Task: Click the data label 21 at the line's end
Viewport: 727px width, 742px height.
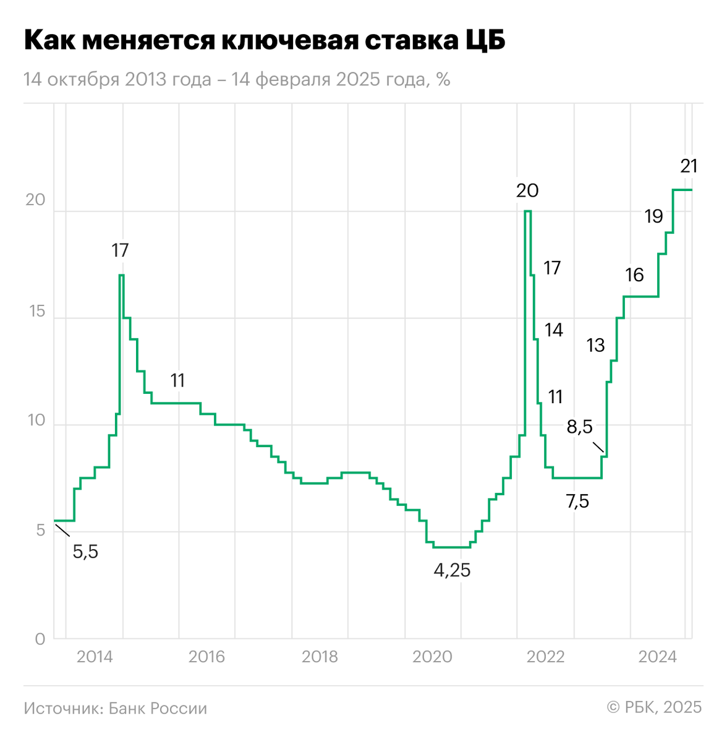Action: coord(689,166)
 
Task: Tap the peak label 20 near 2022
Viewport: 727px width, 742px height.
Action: coord(527,190)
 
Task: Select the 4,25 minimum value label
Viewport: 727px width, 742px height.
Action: coord(452,570)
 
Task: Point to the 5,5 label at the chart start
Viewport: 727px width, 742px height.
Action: coord(85,552)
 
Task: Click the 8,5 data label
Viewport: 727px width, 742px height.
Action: coord(580,427)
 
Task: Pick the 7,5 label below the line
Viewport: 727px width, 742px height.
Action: coord(577,501)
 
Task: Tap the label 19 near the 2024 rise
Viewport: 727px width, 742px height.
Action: coord(653,216)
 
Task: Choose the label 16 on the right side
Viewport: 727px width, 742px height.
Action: coord(634,275)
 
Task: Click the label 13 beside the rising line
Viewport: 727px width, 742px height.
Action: coord(595,345)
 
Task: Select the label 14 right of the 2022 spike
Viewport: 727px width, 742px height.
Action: coord(553,330)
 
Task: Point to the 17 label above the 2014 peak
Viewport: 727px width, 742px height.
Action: coord(120,250)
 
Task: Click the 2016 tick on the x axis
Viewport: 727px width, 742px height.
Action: coord(206,657)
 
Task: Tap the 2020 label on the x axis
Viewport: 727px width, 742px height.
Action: coord(433,657)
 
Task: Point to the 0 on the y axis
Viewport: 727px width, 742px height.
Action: coord(40,639)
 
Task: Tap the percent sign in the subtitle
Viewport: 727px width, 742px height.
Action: coord(443,80)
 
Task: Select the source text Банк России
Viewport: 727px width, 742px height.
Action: coord(158,708)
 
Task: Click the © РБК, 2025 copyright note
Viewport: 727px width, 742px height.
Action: coord(654,707)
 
